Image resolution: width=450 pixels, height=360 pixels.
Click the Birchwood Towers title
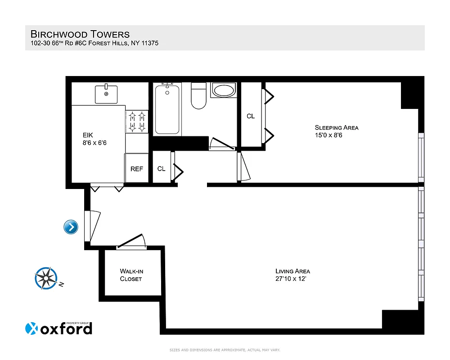80,34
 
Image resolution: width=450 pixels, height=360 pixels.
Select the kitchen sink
106,94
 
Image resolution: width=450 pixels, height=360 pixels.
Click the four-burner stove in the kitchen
137,121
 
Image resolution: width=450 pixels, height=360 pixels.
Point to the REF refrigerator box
137,169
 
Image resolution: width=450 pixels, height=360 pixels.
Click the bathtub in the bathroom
167,109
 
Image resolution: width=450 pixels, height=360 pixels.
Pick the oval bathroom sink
224,90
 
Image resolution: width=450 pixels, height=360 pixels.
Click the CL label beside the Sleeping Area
251,116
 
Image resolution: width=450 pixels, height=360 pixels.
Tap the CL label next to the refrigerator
161,169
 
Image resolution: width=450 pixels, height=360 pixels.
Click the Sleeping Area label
336,127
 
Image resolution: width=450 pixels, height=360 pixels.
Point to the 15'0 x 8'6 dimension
328,135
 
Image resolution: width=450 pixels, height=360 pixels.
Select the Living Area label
292,271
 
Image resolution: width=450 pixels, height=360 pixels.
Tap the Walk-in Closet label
131,275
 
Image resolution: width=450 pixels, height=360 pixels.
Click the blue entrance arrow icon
71,227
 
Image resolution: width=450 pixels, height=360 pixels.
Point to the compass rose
46,278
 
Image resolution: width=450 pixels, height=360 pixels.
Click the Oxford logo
59,328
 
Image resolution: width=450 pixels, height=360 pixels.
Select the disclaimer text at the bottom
225,350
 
